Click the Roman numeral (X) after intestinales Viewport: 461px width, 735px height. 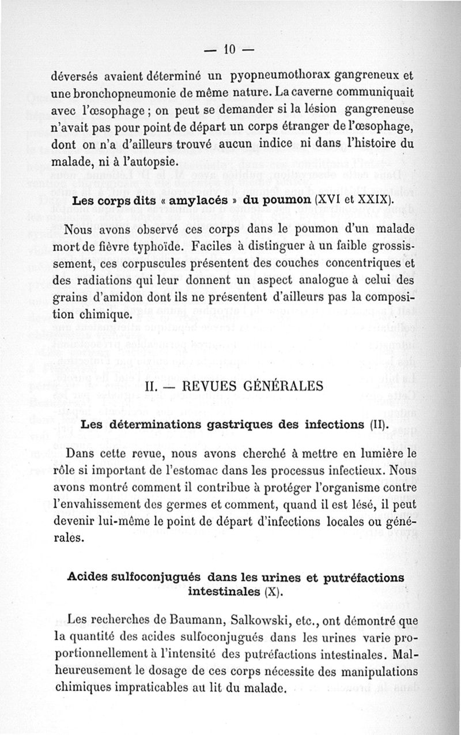click(272, 591)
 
